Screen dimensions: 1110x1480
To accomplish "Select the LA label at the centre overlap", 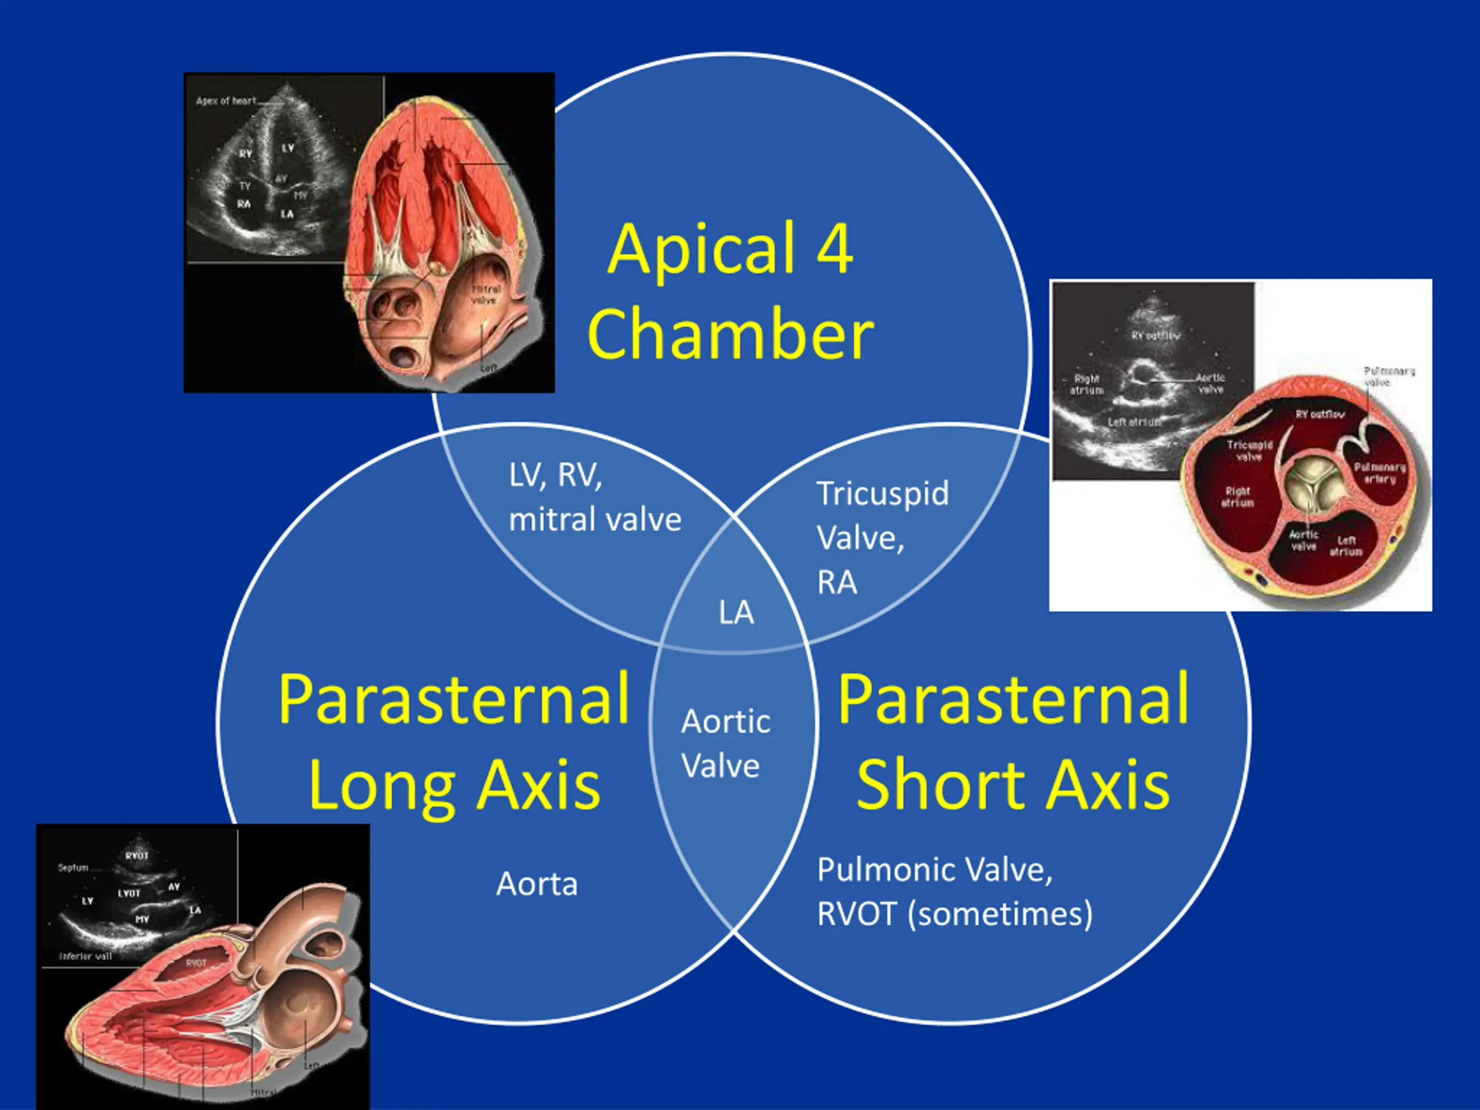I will [736, 612].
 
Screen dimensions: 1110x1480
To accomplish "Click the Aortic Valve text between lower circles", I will [726, 743].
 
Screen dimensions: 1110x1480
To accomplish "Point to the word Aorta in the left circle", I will [536, 884].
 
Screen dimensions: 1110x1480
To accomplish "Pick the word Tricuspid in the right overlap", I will [883, 494].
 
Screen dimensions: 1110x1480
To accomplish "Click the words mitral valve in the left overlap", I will [595, 520].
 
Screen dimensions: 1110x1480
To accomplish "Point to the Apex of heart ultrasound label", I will [225, 101].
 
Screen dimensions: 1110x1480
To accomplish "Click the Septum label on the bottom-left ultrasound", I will [73, 868].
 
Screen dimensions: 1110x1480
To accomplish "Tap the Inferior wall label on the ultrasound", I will [85, 956].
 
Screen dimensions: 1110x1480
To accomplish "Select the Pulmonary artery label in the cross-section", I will [1379, 473].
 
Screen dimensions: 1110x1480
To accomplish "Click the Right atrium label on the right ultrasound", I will [1086, 384].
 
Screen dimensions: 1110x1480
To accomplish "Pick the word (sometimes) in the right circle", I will [1000, 914].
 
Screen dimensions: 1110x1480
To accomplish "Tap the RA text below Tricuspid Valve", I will [837, 583].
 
